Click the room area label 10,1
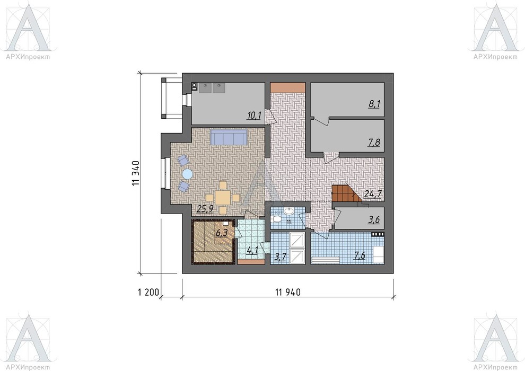pos(254,116)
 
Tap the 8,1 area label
pos(374,104)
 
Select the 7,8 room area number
pos(374,143)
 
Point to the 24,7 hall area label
pos(373,194)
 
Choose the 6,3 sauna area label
pos(221,233)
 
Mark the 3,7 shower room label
pos(280,257)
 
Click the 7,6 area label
pos(360,256)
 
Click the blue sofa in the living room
pos(229,137)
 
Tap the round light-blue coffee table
pos(187,174)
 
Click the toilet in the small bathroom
pos(277,219)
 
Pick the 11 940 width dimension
pos(288,293)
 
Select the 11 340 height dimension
pos(136,173)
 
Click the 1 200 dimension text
pos(148,293)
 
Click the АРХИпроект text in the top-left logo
pos(28,57)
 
